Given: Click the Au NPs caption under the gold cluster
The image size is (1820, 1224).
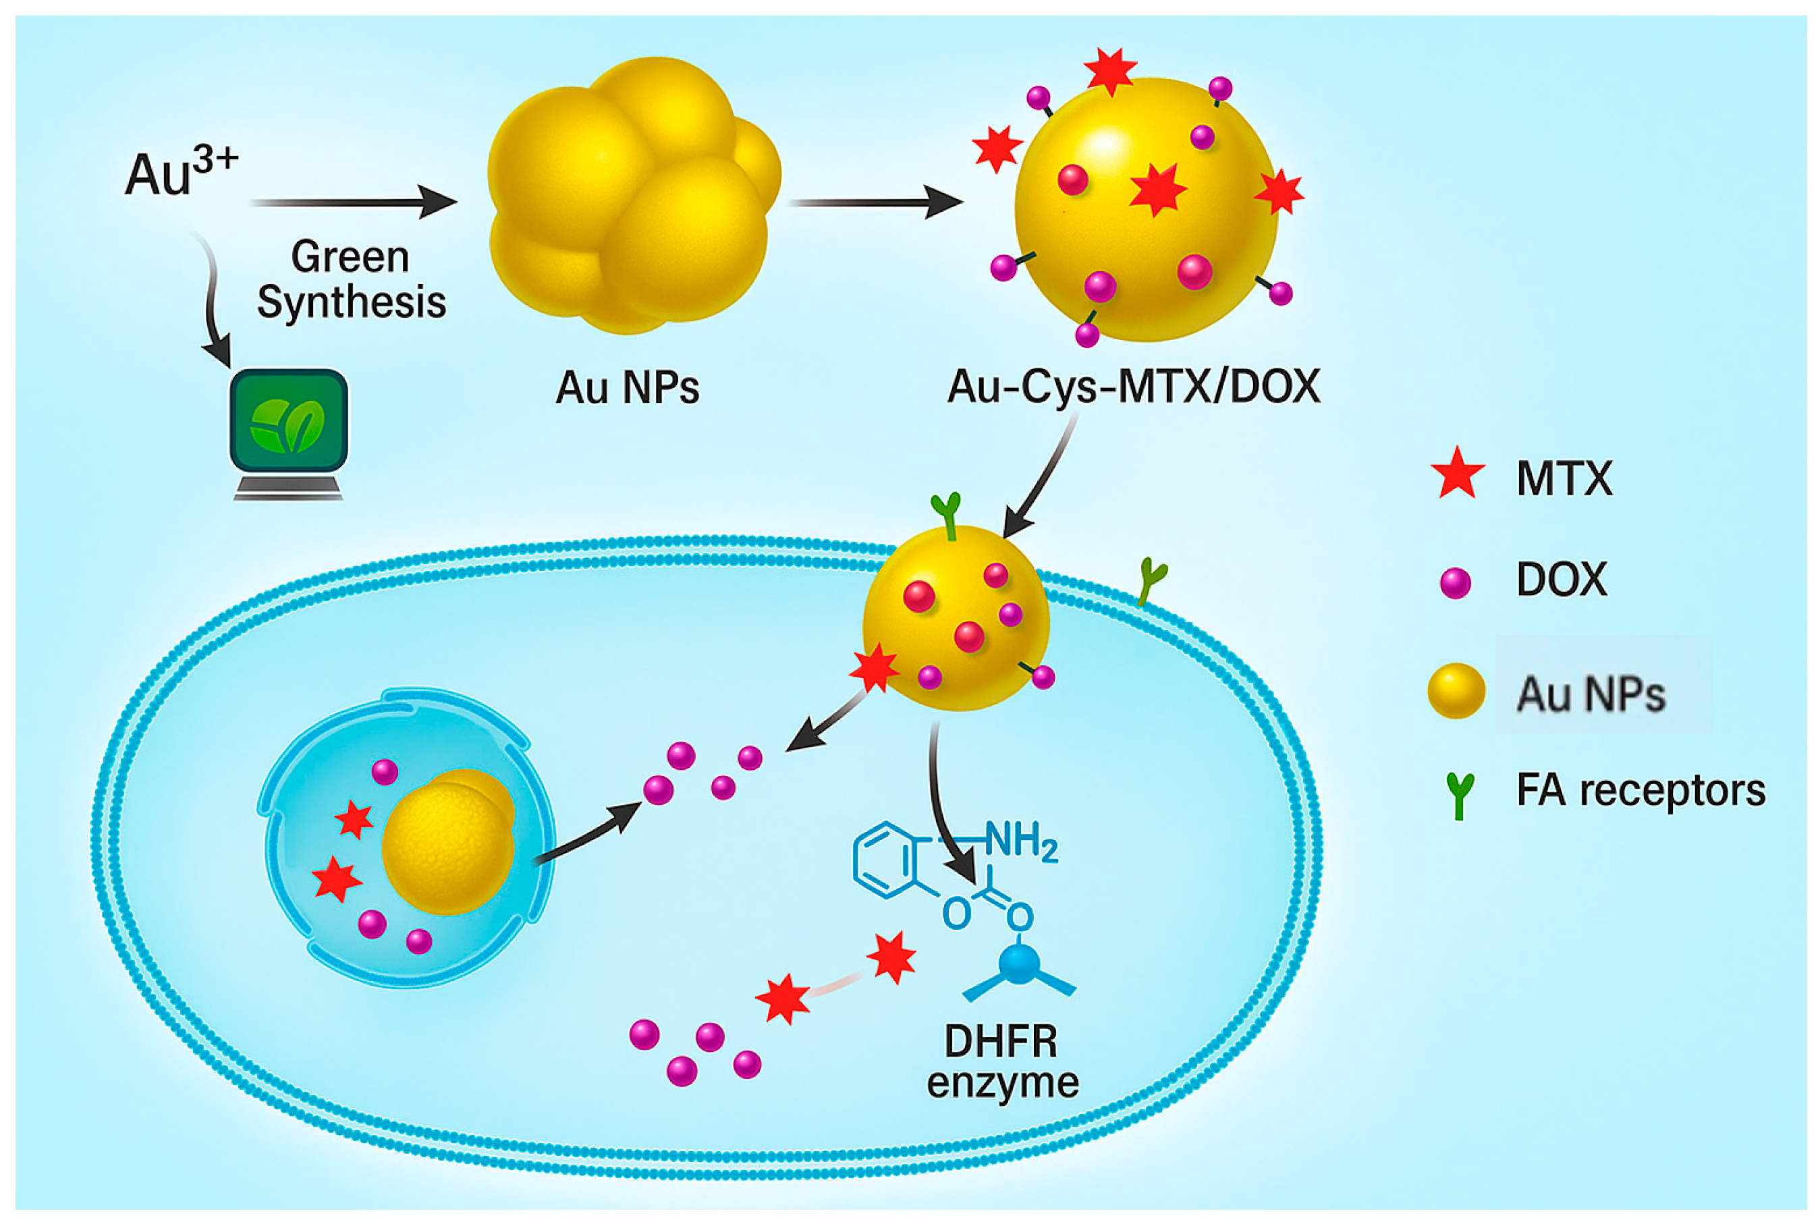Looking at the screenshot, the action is pyautogui.click(x=627, y=387).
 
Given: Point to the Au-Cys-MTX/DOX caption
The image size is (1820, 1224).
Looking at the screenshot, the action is pyautogui.click(x=1133, y=387).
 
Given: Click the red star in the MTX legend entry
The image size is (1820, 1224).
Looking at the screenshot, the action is pyautogui.click(x=1457, y=474).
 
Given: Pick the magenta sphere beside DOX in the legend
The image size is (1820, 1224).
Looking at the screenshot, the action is pyautogui.click(x=1456, y=583).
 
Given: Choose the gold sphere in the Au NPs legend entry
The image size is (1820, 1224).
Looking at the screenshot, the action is pyautogui.click(x=1456, y=690).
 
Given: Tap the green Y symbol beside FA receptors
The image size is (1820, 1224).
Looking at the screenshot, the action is pyautogui.click(x=1458, y=795).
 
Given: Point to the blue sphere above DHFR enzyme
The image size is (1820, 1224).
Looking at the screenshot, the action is pyautogui.click(x=1019, y=964).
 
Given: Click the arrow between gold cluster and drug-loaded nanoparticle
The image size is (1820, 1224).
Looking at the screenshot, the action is pyautogui.click(x=875, y=202).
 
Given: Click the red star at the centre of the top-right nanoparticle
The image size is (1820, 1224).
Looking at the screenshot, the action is pyautogui.click(x=1157, y=189).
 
